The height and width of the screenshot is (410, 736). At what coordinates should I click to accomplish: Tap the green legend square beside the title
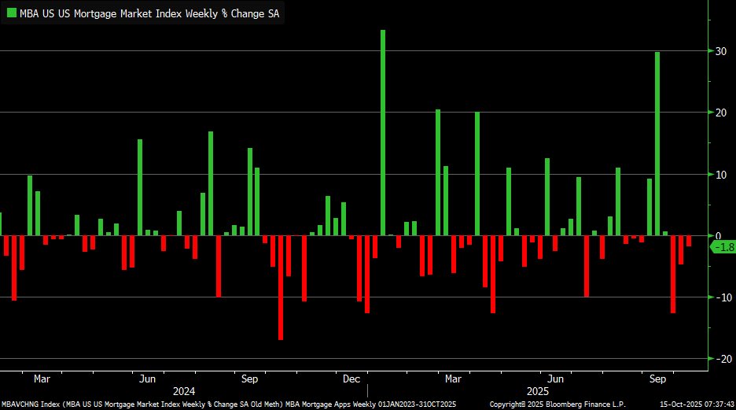11,13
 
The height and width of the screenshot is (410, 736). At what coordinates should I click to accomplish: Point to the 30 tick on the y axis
718,51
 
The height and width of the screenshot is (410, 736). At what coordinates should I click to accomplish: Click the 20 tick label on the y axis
718,113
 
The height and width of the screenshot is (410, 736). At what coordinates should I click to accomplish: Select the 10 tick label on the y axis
718,174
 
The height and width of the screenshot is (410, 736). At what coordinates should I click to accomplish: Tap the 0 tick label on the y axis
716,235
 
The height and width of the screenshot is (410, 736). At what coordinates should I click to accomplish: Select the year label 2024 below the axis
184,391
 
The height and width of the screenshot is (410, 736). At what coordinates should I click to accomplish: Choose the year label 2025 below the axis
539,391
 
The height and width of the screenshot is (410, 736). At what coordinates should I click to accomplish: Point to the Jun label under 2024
147,379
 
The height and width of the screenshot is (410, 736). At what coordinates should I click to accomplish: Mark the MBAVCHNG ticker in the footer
20,404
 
